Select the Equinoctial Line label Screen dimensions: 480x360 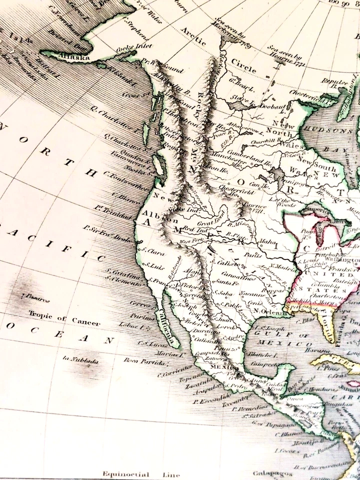click(133, 473)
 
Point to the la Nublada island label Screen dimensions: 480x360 click(80, 359)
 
